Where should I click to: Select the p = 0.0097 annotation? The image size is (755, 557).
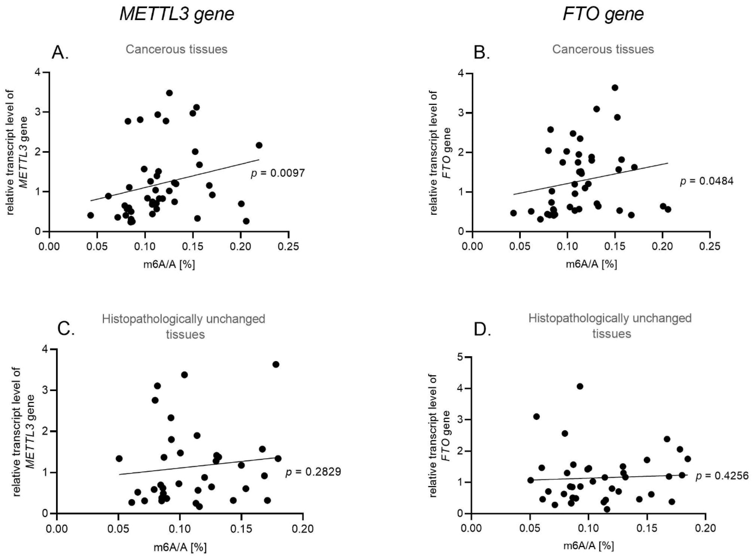(278, 173)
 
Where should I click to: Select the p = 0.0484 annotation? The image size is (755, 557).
(706, 181)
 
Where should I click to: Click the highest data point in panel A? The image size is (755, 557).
(169, 93)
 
